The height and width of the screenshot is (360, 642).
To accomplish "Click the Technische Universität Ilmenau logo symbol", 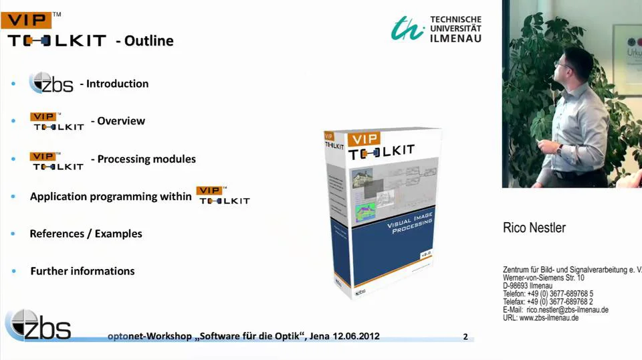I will pyautogui.click(x=407, y=28).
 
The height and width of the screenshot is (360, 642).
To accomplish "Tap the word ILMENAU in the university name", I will pyautogui.click(x=456, y=38).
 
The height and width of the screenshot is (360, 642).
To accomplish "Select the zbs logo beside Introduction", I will pyautogui.click(x=51, y=83).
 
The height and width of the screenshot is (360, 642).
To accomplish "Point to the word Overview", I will pyautogui.click(x=121, y=121).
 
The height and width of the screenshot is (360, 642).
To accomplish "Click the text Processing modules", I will pyautogui.click(x=146, y=159).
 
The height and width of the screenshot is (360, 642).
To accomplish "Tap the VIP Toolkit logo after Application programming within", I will pyautogui.click(x=223, y=195).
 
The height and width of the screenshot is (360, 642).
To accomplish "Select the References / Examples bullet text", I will pyautogui.click(x=86, y=234).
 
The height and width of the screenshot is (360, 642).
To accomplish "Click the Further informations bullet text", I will pyautogui.click(x=82, y=271).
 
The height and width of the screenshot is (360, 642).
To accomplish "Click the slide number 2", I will pyautogui.click(x=465, y=337).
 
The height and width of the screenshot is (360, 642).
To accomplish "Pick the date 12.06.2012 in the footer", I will pyautogui.click(x=355, y=336).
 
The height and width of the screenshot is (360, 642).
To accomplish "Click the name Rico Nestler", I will pyautogui.click(x=534, y=228).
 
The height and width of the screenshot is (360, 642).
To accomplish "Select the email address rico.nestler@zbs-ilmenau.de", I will pyautogui.click(x=567, y=310).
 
